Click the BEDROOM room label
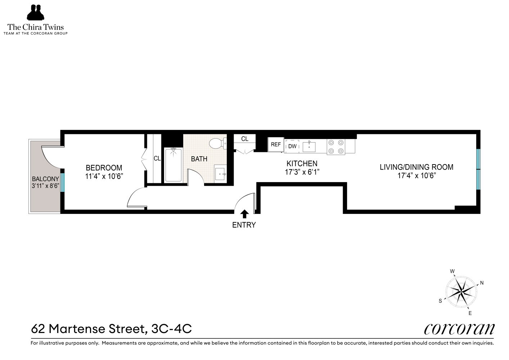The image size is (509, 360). [x=104, y=168]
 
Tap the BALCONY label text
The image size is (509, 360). [x=45, y=179]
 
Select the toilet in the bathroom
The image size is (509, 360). [x=218, y=144]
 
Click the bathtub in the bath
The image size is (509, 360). [x=174, y=165]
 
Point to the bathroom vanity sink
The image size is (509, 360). [x=220, y=174]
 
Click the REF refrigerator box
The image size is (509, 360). [x=276, y=144]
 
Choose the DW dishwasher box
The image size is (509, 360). [x=292, y=146]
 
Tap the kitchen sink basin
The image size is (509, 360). [x=309, y=147]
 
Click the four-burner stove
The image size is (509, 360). [x=336, y=147]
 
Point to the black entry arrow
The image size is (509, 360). [x=244, y=214]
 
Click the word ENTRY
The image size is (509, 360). [x=244, y=225]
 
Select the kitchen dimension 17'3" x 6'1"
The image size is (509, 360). [x=302, y=172]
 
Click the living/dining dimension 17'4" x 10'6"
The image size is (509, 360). [x=416, y=176]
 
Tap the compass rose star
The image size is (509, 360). [x=461, y=292]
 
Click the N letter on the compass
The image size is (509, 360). [x=482, y=283]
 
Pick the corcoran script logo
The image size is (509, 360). [x=459, y=329]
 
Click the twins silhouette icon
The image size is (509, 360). [x=35, y=12]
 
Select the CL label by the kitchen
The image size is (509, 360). [x=245, y=139]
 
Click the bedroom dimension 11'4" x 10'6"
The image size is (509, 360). [x=104, y=176]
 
